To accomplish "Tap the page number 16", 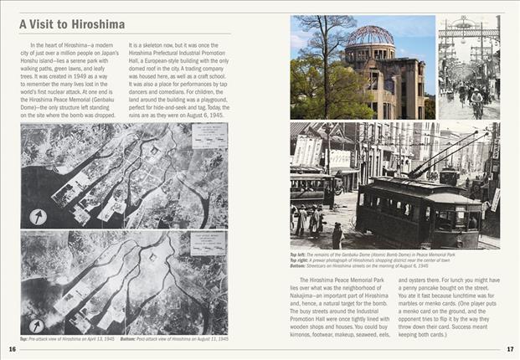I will coord(12,349).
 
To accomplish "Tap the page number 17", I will coord(510,349).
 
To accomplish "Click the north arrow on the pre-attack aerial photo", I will coord(38,216).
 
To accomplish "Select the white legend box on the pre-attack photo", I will coord(209,136).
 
